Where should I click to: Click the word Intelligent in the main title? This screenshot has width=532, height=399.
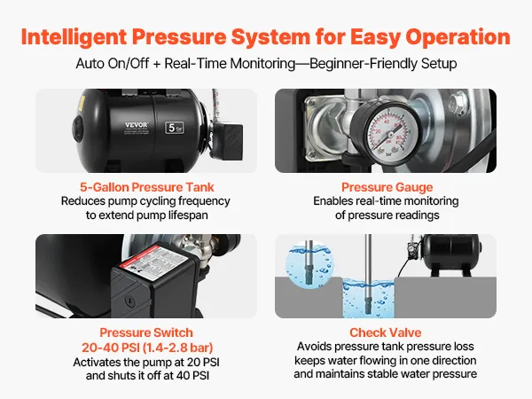tap(74, 37)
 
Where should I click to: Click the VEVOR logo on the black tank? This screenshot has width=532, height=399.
tap(137, 125)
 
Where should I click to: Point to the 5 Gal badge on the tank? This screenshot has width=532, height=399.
tap(175, 128)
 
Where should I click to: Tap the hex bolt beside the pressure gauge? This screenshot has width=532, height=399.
tap(458, 103)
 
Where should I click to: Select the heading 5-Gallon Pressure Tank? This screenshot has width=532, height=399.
tap(147, 187)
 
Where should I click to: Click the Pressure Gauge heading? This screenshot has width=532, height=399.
tap(387, 187)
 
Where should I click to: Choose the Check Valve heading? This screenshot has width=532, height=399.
tap(386, 332)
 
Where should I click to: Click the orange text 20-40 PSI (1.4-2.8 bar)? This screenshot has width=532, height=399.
tap(147, 348)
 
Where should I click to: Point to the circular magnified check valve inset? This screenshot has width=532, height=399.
tap(309, 263)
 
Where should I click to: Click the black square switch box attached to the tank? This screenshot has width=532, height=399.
tap(228, 142)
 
